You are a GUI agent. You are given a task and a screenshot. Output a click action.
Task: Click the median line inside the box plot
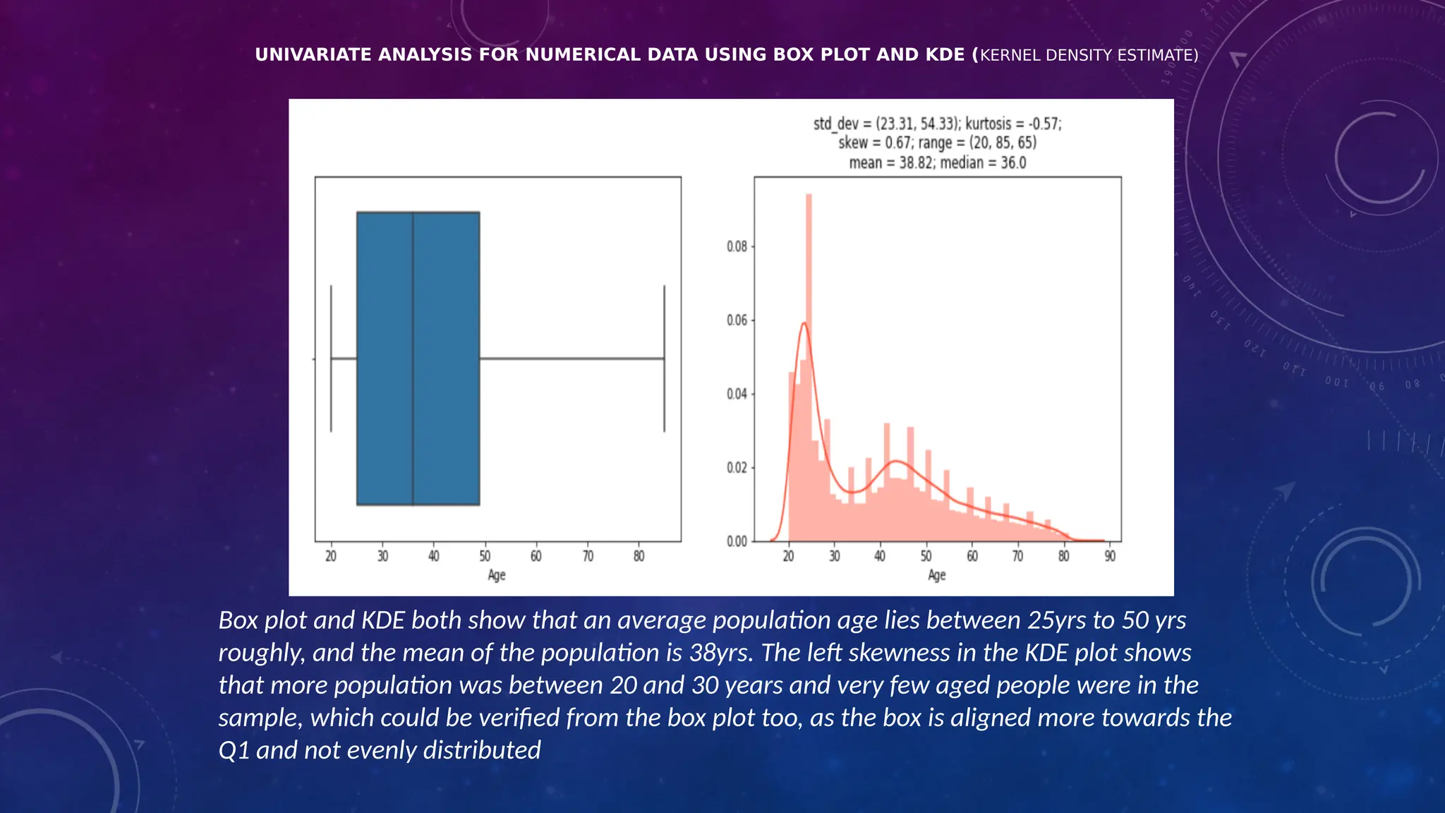413,359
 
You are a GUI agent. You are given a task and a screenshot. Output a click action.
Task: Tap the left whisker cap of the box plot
331,359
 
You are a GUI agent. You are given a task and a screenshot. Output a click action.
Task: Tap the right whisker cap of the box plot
664,359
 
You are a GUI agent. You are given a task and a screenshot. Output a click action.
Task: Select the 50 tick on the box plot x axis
485,556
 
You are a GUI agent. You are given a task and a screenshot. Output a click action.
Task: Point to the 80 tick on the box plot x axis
639,556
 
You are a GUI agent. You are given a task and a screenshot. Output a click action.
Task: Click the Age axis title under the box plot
497,575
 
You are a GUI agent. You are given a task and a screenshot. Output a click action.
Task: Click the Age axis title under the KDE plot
936,575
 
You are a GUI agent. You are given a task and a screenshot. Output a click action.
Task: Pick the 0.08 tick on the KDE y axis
737,246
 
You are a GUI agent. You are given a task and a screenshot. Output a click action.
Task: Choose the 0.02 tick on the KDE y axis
737,468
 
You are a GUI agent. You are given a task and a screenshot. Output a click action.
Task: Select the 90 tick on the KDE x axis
1110,556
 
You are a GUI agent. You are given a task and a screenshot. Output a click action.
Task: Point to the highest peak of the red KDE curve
804,323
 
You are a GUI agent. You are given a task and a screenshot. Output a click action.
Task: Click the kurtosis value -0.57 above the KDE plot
1044,124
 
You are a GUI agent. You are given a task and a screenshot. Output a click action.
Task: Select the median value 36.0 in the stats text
1013,163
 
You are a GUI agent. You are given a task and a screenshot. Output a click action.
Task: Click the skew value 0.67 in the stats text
897,143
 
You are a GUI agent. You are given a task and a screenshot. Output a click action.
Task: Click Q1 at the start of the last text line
234,750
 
